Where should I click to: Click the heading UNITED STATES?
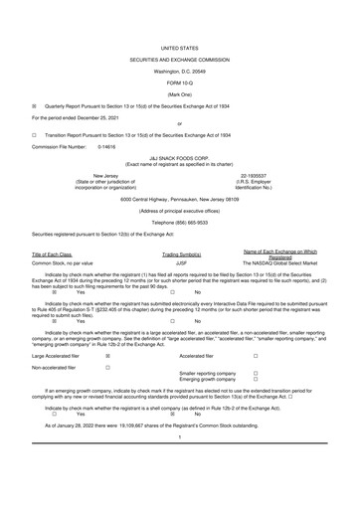[179, 48]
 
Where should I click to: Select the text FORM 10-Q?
[179, 82]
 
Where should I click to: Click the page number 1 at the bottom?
[179, 464]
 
